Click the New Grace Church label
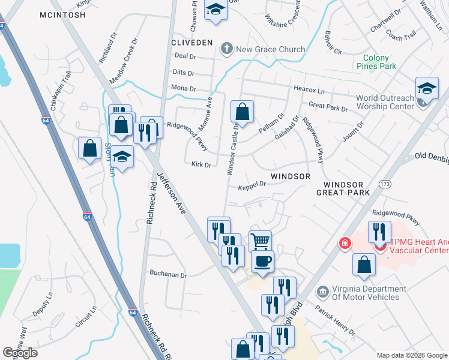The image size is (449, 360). pyautogui.click(x=271, y=49)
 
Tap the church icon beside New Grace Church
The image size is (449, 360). pyautogui.click(x=226, y=49)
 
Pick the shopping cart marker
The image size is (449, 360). pyautogui.click(x=259, y=241)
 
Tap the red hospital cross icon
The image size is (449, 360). pyautogui.click(x=345, y=244)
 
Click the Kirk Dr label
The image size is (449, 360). pyautogui.click(x=201, y=164)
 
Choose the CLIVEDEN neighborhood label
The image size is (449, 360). pyautogui.click(x=192, y=43)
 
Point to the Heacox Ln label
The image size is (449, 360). pyautogui.click(x=309, y=89)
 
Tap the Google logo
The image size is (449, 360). pyautogui.click(x=20, y=353)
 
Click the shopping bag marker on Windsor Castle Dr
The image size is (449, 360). pyautogui.click(x=241, y=111)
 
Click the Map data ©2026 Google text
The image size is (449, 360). pyautogui.click(x=411, y=355)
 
